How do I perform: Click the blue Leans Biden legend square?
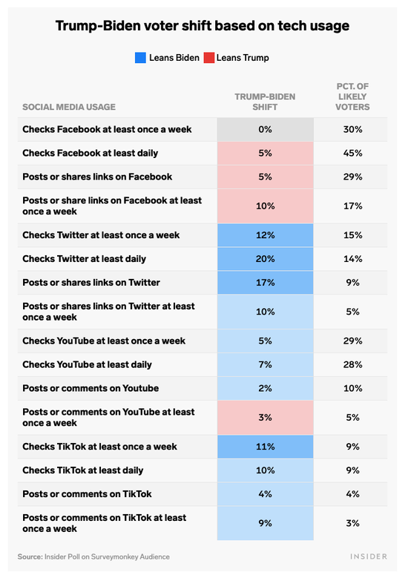click(140, 58)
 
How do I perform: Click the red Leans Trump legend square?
click(209, 58)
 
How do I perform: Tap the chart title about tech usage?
click(203, 26)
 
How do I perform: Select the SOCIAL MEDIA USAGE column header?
click(69, 107)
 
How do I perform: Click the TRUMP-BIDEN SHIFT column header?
click(265, 102)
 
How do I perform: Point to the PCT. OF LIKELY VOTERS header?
click(352, 96)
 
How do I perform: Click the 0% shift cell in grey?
click(266, 129)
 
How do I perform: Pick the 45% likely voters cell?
click(352, 153)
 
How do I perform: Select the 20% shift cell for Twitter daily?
click(266, 259)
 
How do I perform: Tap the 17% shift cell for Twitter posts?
click(266, 283)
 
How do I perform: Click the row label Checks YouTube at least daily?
click(87, 364)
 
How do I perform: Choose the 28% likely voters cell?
click(352, 364)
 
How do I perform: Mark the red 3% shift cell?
click(266, 417)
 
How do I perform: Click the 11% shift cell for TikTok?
click(266, 447)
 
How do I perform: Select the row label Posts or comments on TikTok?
click(87, 494)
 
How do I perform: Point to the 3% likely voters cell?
click(352, 523)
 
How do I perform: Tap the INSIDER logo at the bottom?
click(369, 556)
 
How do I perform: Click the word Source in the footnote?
click(30, 556)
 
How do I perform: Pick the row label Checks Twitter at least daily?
click(84, 259)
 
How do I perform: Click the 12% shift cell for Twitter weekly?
click(266, 235)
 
